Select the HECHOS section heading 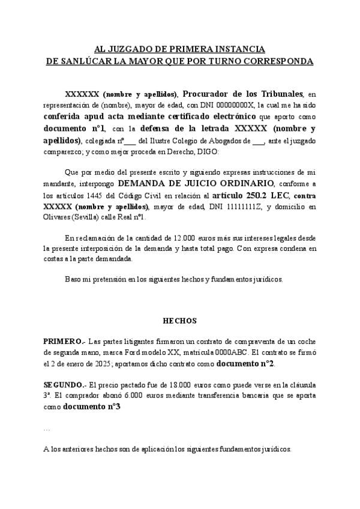click(180, 321)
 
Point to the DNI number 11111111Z click(235, 208)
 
